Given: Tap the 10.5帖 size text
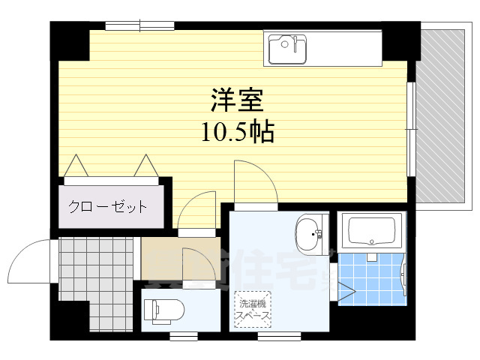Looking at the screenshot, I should (x=236, y=133).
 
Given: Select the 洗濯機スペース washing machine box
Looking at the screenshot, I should (x=253, y=309).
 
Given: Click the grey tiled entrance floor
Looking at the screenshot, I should (x=90, y=266).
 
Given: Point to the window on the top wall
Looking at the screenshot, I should (x=139, y=26).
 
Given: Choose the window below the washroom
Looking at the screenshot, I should (x=279, y=334).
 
